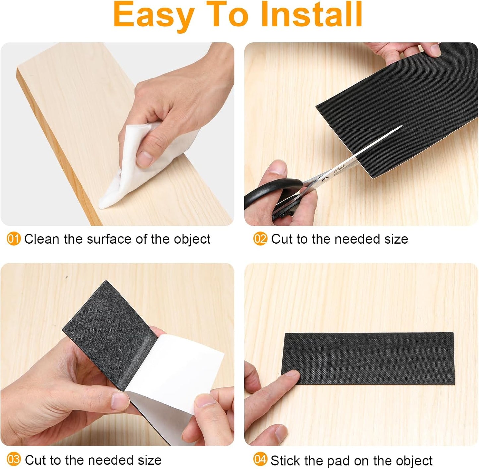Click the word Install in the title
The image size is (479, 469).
pyautogui.click(x=311, y=15)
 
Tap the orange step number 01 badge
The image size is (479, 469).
pyautogui.click(x=13, y=239)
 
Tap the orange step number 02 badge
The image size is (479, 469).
pyautogui.click(x=260, y=239)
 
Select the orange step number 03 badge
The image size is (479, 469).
pyautogui.click(x=13, y=460)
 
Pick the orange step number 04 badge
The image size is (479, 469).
pyautogui.click(x=260, y=460)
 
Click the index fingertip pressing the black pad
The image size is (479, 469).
pyautogui.click(x=292, y=375)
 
